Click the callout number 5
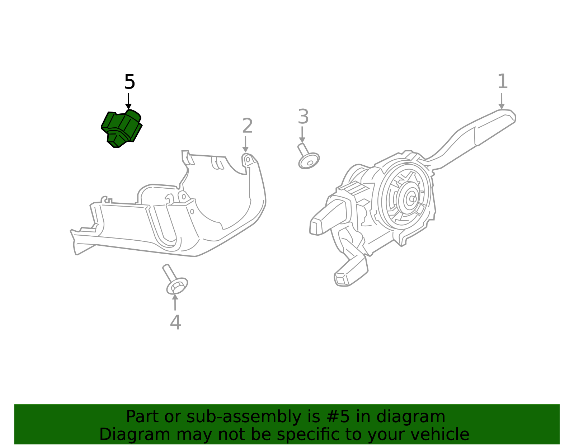[130, 82]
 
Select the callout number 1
[503, 82]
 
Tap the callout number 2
[247, 126]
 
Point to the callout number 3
[303, 117]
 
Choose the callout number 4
[175, 322]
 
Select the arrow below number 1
[501, 101]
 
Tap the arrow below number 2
[245, 144]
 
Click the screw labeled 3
[307, 158]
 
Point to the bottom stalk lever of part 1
[350, 273]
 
